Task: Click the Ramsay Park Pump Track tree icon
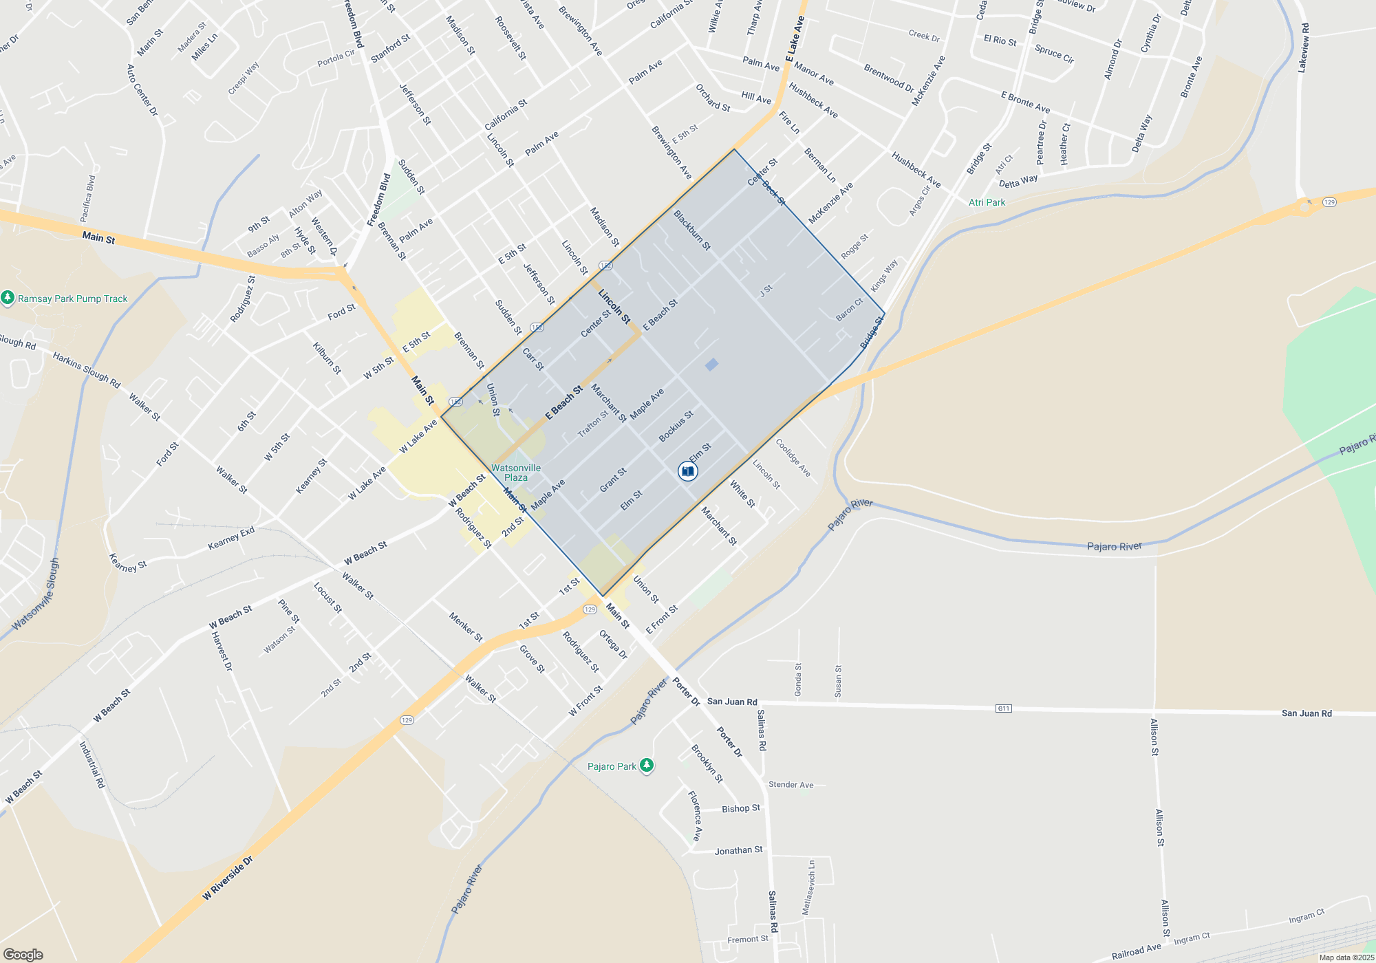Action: [8, 298]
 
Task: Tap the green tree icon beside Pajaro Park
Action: [646, 766]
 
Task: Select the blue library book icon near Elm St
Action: [687, 471]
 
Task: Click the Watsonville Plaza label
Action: [516, 473]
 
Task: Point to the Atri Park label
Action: [987, 202]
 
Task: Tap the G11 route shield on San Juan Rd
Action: [1003, 708]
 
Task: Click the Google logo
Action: [23, 955]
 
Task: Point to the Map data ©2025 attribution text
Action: [1346, 957]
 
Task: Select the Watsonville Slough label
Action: [35, 595]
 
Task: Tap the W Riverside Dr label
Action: [228, 879]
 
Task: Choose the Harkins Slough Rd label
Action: [87, 370]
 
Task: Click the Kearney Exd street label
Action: [231, 539]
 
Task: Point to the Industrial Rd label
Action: [92, 764]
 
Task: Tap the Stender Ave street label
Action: [791, 785]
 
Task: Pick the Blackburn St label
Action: [691, 230]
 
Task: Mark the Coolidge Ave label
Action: [793, 458]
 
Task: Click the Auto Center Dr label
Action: [142, 90]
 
